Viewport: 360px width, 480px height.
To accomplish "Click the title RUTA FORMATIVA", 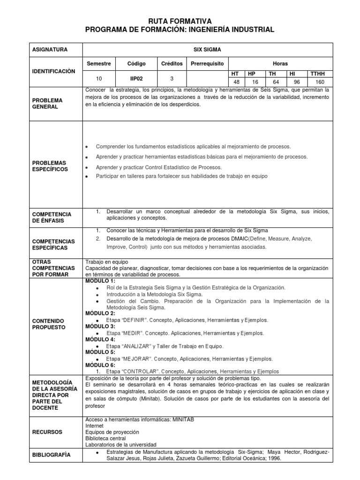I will [180, 21].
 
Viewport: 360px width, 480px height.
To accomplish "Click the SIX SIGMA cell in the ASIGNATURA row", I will [207, 49].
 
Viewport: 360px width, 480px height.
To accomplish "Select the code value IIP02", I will [136, 79].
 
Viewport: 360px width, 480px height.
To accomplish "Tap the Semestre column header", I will [98, 63].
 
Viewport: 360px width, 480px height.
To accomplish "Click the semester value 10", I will [98, 79].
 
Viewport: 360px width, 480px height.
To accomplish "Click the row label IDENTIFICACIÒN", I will [53, 72].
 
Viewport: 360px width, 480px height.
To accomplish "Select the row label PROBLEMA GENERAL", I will [47, 104].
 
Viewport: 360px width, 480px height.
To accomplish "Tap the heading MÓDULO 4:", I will [100, 339].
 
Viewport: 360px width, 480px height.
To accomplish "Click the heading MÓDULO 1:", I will [100, 280].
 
